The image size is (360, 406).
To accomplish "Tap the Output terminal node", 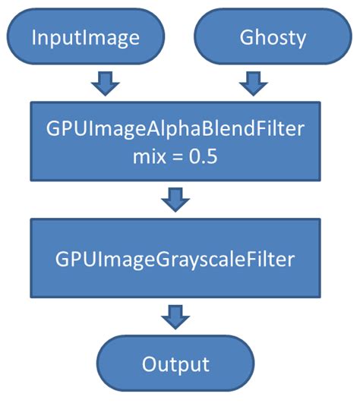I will tap(175, 364).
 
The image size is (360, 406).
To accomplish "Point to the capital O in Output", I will tap(150, 364).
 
